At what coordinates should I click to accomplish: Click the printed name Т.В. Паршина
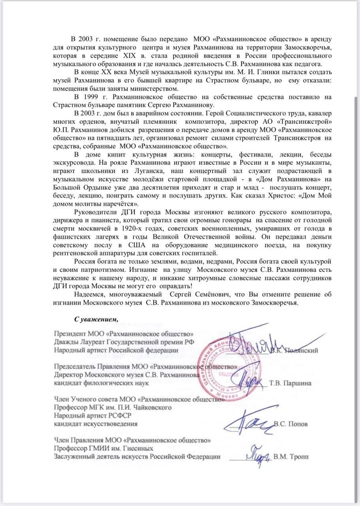tap(290, 383)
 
